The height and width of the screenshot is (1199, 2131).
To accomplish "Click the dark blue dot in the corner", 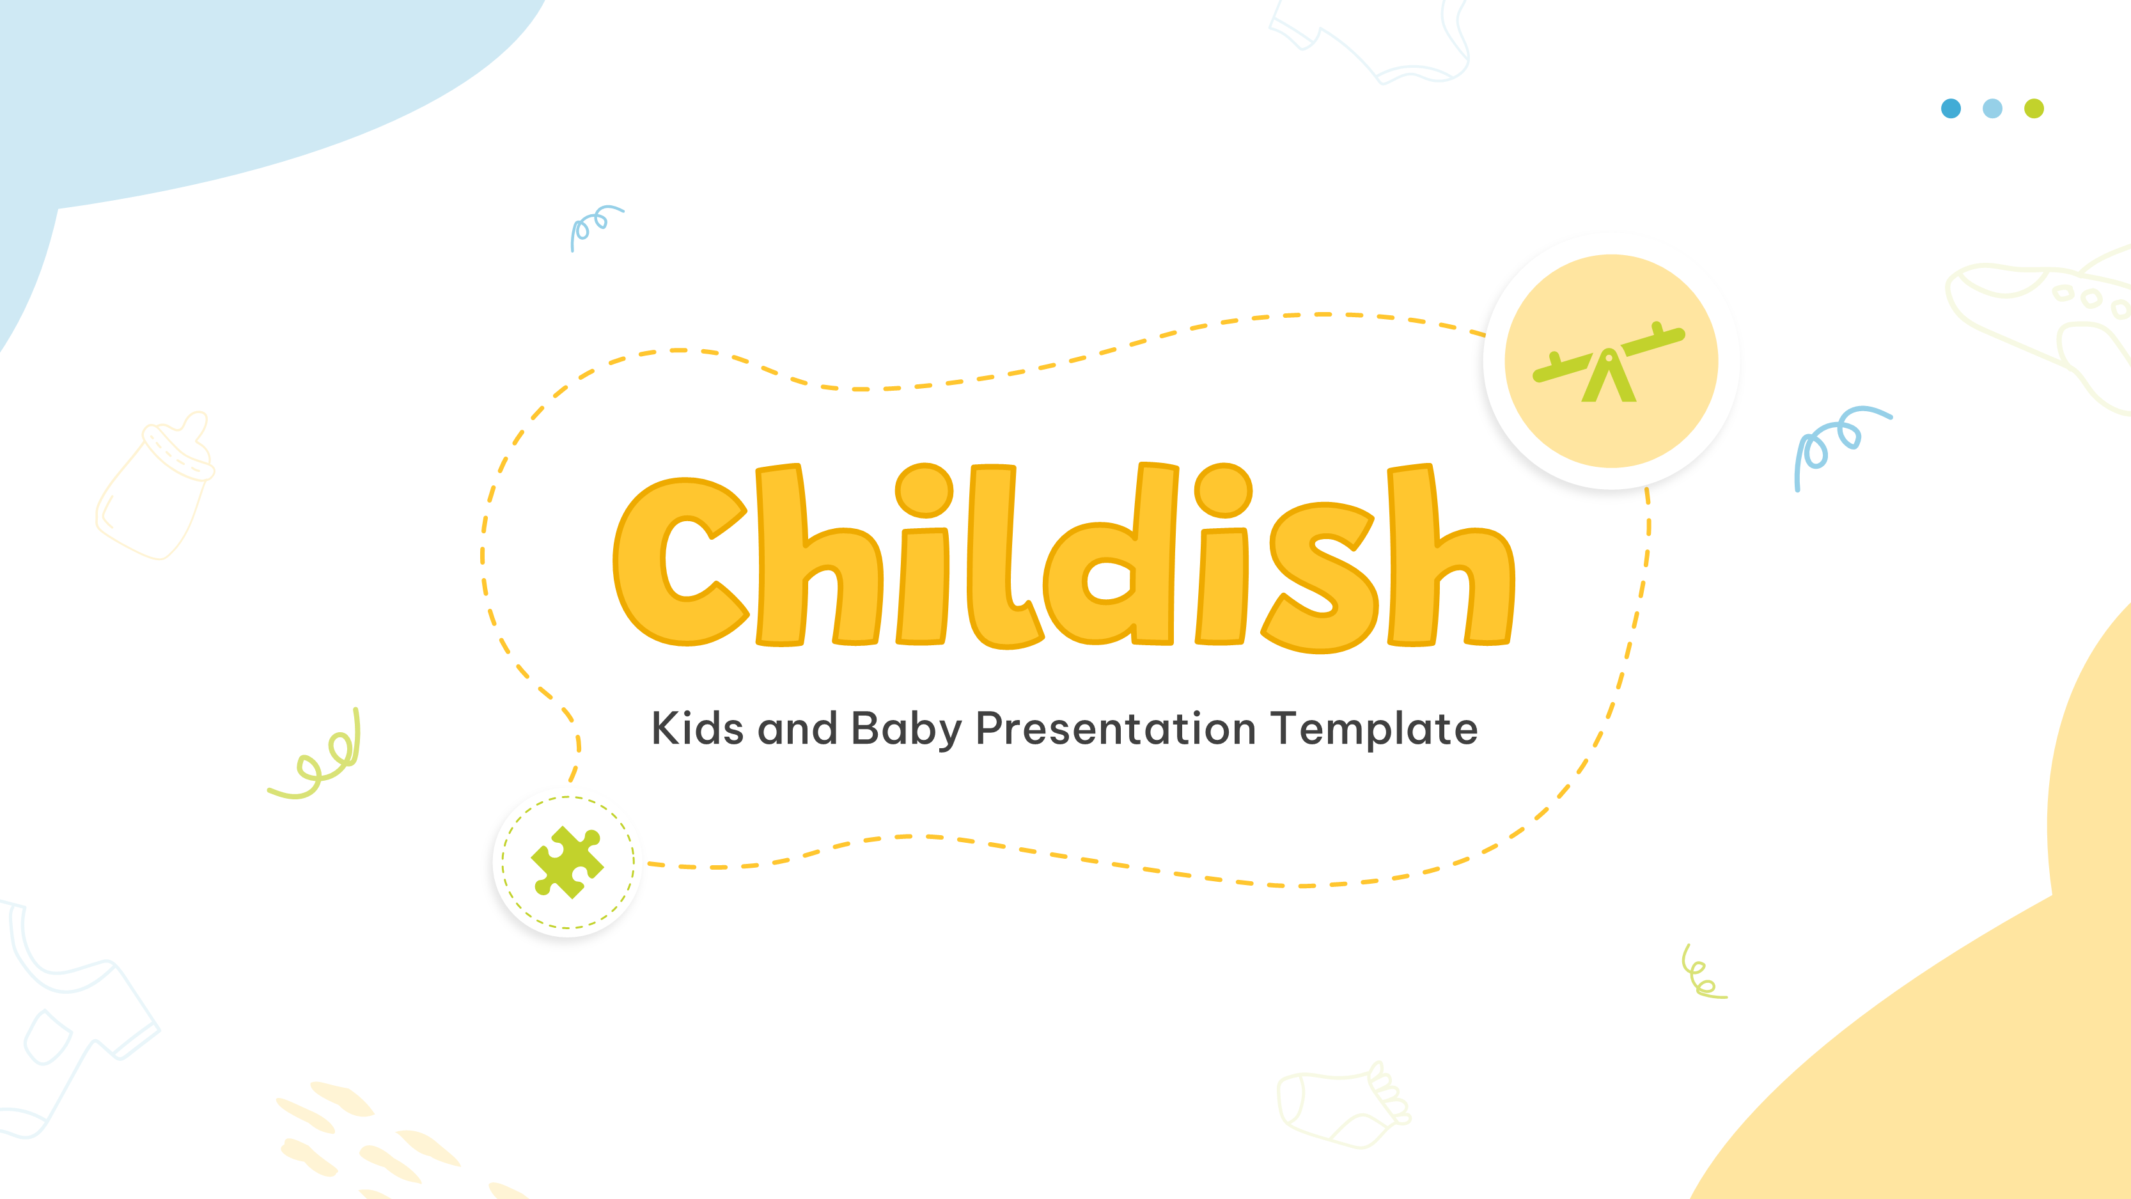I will pos(1951,109).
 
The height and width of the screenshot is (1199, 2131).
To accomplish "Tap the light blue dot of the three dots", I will pos(1993,109).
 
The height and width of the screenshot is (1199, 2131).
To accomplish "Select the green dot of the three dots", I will pos(2034,109).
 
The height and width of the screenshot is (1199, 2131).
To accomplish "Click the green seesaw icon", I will pos(1609,366).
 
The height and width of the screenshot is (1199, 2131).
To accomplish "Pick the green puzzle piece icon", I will pos(568,862).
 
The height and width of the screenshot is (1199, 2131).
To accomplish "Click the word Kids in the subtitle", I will pos(698,729).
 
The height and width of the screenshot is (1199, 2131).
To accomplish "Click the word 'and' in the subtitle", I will pos(797,729).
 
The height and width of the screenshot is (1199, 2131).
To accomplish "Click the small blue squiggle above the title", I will pos(594,226).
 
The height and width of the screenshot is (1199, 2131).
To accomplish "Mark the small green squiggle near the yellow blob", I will pos(1701,974).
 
